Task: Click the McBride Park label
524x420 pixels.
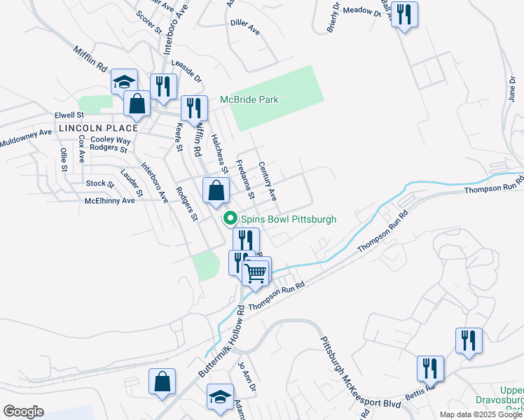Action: pyautogui.click(x=249, y=99)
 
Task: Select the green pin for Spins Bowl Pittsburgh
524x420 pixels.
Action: pyautogui.click(x=229, y=219)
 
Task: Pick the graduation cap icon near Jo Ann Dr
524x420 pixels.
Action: pyautogui.click(x=220, y=397)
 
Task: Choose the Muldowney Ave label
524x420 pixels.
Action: pyautogui.click(x=26, y=135)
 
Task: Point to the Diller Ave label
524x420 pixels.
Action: pyautogui.click(x=245, y=31)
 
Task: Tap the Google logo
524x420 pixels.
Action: pyautogui.click(x=23, y=412)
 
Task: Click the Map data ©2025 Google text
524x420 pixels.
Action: pyautogui.click(x=480, y=414)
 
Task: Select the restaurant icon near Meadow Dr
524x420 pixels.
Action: pyautogui.click(x=404, y=14)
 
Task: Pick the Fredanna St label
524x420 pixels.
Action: pyautogui.click(x=244, y=179)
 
